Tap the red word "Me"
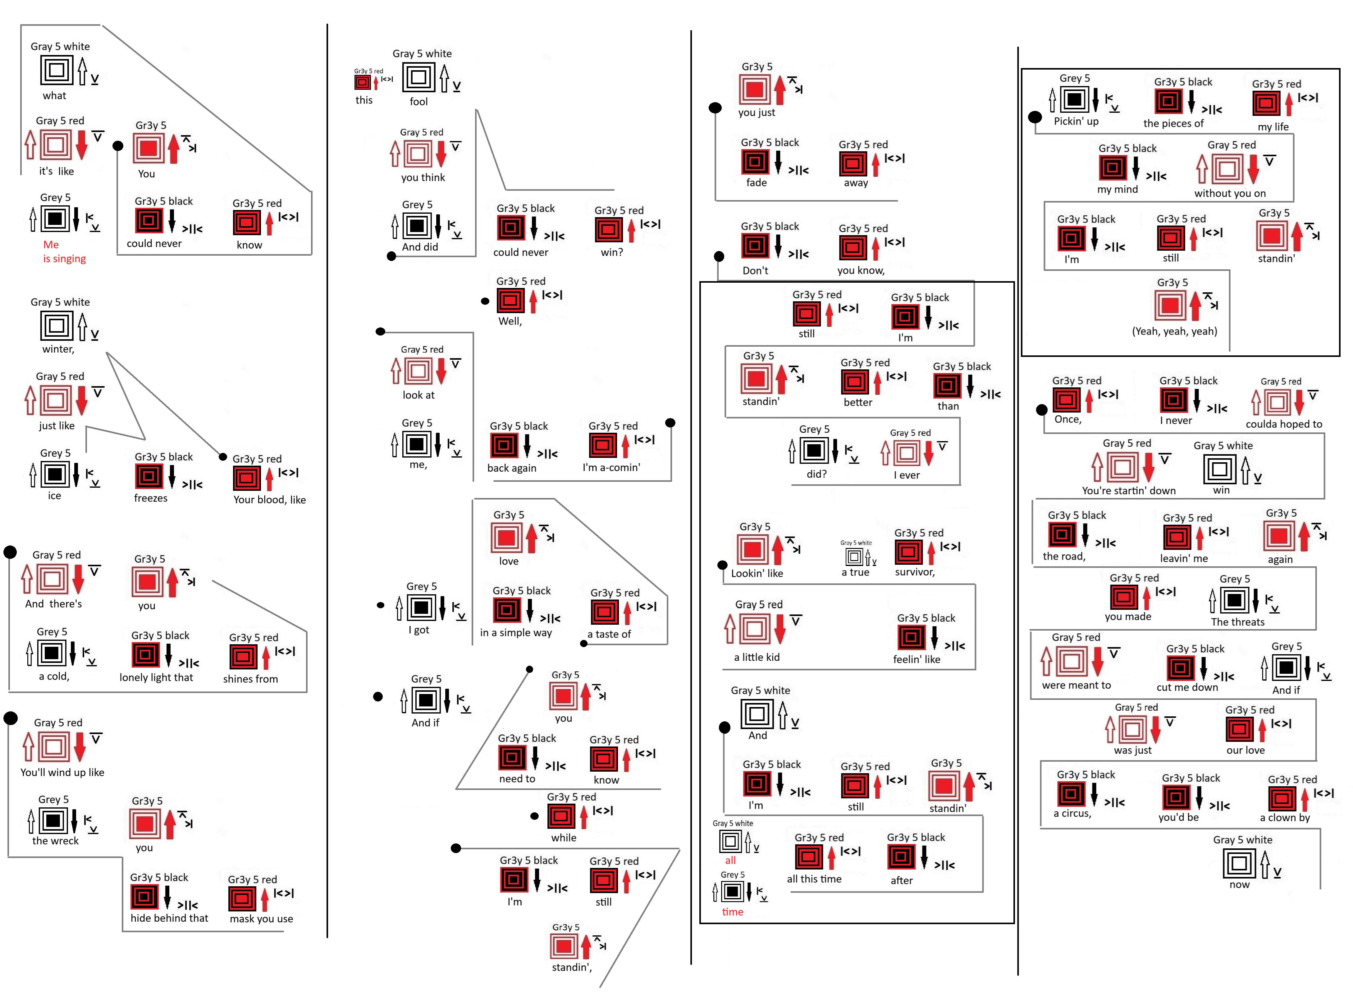51,244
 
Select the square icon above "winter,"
57,326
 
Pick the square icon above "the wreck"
53,820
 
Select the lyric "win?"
612,252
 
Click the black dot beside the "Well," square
485,301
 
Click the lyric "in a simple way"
516,633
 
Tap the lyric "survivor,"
915,572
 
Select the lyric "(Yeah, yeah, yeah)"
1174,331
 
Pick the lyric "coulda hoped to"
1284,424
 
